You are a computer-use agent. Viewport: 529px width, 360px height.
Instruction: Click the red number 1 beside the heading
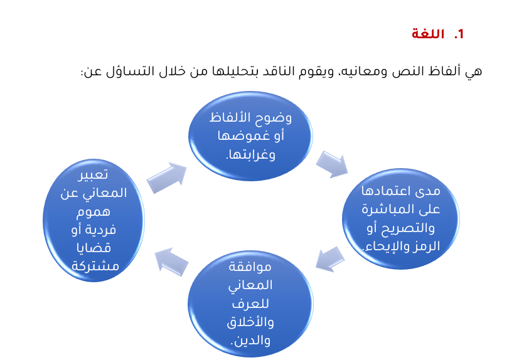(x=459, y=34)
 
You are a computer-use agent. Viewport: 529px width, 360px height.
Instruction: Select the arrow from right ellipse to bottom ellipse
(x=330, y=259)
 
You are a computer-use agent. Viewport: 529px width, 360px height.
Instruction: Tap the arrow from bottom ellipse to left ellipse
(x=171, y=262)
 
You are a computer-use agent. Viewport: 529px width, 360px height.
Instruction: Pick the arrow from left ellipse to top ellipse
(x=167, y=177)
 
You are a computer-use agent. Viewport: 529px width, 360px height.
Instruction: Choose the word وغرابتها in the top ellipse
(x=250, y=154)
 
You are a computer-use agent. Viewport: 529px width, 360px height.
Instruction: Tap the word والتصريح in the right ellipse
(x=408, y=228)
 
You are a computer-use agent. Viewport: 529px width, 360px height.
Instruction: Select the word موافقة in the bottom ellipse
(x=250, y=267)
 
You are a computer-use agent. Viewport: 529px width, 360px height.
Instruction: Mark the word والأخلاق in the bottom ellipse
(x=250, y=322)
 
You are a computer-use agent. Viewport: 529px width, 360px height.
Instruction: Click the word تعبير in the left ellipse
(x=93, y=175)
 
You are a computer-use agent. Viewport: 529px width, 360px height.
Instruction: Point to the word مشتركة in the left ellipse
(x=95, y=267)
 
